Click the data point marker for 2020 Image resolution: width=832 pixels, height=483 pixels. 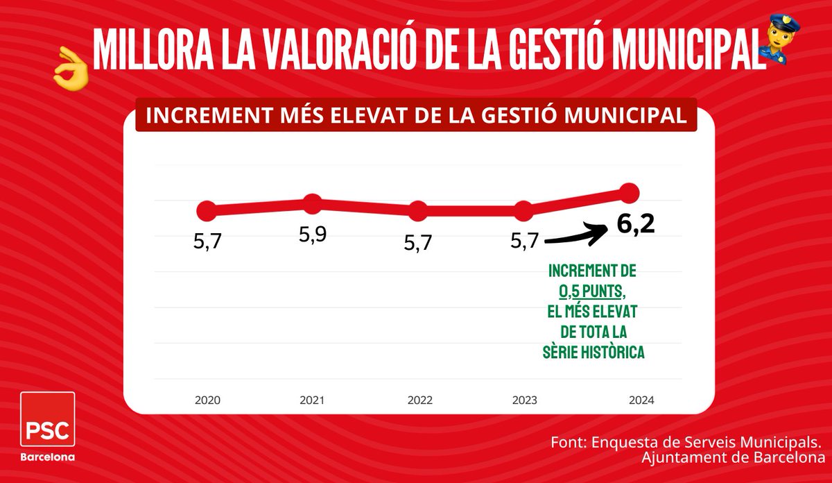(x=207, y=210)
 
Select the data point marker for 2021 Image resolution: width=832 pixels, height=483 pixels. (x=312, y=204)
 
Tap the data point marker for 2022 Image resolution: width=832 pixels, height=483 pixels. (x=418, y=211)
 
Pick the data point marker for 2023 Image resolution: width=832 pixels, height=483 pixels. (x=524, y=211)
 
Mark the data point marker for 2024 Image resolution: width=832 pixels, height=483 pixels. (x=629, y=192)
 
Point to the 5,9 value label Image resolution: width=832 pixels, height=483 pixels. (x=313, y=235)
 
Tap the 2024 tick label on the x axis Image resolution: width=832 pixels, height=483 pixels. (x=641, y=400)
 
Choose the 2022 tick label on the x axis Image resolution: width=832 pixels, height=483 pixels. (x=420, y=400)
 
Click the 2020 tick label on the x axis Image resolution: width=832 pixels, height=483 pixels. (x=207, y=400)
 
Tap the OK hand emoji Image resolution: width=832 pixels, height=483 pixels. (x=71, y=69)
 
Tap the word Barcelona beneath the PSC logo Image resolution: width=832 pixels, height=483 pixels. (x=48, y=457)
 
